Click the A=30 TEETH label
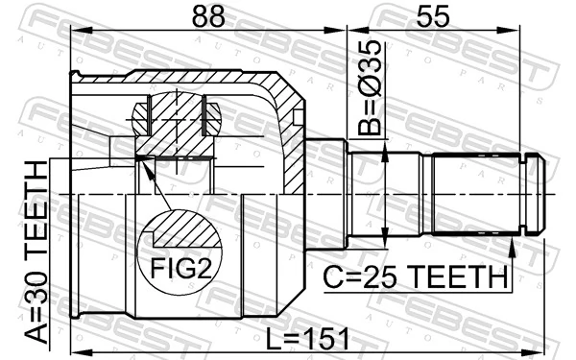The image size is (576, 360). coord(36,252)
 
